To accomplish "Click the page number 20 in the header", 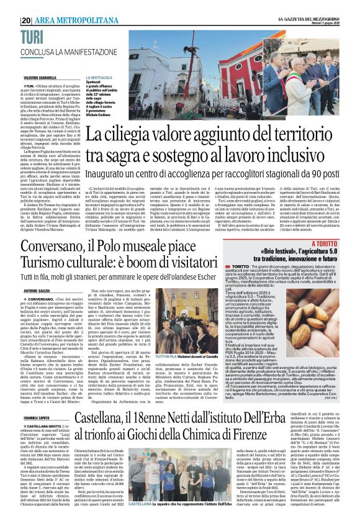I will (25, 20).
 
